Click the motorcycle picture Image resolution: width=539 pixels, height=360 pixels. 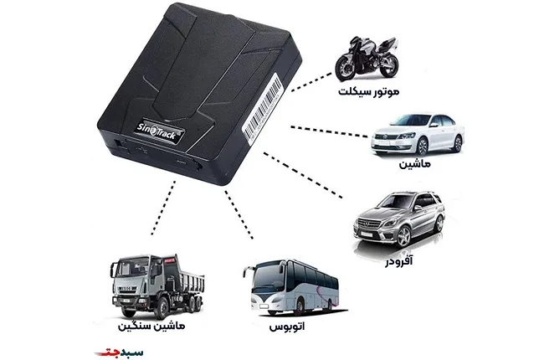(x=367, y=58)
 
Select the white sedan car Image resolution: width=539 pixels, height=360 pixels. (x=418, y=135)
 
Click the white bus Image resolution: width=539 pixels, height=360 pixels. (x=291, y=287)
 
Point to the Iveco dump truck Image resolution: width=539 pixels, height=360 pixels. (x=157, y=286)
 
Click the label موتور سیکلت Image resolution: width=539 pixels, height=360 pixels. (x=368, y=91)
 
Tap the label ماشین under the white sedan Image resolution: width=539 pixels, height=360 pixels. (x=414, y=163)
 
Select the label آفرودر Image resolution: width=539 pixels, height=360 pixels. (x=398, y=261)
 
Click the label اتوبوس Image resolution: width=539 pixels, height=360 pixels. (x=287, y=326)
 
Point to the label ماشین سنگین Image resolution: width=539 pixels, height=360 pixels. (x=151, y=326)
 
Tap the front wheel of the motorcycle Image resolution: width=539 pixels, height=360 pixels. (x=345, y=69)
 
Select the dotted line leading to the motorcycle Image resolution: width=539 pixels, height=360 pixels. (x=312, y=82)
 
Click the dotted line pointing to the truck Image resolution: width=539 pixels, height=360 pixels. (x=164, y=208)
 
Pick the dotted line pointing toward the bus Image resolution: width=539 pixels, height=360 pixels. (x=239, y=214)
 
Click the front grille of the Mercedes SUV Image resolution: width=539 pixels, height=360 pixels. (x=369, y=224)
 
